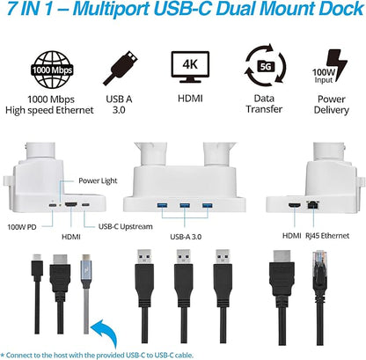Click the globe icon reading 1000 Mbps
[52, 70]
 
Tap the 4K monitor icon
[190, 67]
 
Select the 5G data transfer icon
[265, 67]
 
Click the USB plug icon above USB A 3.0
[121, 68]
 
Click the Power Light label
[98, 180]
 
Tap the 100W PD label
[22, 227]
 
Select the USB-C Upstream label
[125, 226]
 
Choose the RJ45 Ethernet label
[327, 236]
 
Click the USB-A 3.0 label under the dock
[186, 237]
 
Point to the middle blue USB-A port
[185, 205]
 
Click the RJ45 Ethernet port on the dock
[312, 204]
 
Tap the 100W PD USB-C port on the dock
[53, 205]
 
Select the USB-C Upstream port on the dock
[85, 205]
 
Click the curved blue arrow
[105, 334]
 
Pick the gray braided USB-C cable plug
[86, 271]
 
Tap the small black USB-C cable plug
[37, 265]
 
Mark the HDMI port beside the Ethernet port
[294, 206]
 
